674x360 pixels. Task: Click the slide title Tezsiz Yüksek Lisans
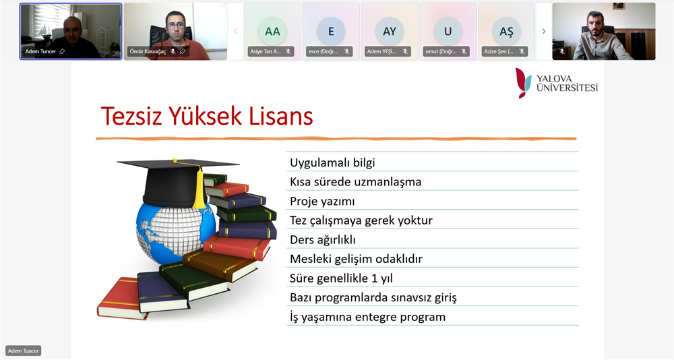click(207, 116)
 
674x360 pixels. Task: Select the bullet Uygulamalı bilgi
click(332, 162)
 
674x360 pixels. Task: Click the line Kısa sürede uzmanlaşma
click(355, 182)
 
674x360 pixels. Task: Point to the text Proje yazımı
click(322, 202)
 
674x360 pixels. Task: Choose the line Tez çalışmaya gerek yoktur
click(361, 220)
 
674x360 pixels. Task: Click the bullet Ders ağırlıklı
click(322, 239)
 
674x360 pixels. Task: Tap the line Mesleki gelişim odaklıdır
click(356, 259)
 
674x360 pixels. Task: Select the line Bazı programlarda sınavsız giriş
click(373, 297)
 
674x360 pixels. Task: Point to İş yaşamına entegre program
click(367, 317)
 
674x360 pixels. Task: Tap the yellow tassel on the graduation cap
click(198, 187)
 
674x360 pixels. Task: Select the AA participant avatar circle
click(272, 31)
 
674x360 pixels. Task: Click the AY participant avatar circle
click(390, 31)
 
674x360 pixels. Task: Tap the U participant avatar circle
click(448, 31)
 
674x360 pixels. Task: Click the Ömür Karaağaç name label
click(148, 52)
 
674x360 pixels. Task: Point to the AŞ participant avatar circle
click(506, 31)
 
